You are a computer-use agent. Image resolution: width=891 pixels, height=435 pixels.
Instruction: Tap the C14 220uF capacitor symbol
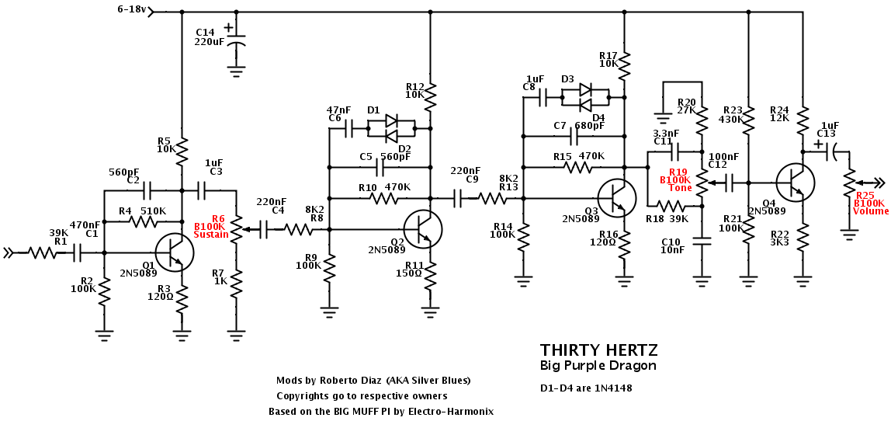237,40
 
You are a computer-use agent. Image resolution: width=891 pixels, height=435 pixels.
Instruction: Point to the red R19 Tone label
674,179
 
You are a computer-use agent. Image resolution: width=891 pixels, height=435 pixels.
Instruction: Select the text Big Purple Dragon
598,365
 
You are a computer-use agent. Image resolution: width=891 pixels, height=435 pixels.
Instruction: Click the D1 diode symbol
391,121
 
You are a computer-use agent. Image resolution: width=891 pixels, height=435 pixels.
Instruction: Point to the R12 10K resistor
430,96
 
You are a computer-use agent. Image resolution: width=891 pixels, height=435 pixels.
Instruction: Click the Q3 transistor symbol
617,198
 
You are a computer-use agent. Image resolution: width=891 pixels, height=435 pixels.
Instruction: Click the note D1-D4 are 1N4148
586,388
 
